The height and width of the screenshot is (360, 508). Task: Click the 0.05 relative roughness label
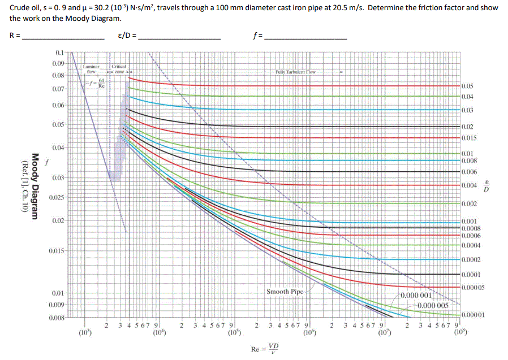pyautogui.click(x=467, y=86)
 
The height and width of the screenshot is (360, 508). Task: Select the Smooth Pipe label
pyautogui.click(x=285, y=292)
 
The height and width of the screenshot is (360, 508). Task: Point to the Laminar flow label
pyautogui.click(x=91, y=69)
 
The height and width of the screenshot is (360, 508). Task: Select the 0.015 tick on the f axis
pyautogui.click(x=57, y=250)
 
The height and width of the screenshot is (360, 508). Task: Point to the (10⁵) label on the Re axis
pyautogui.click(x=234, y=332)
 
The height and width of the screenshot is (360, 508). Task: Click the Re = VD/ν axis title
pyautogui.click(x=265, y=348)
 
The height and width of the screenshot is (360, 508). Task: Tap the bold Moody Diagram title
pyautogui.click(x=35, y=186)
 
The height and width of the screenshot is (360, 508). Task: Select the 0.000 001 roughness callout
pyautogui.click(x=417, y=295)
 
